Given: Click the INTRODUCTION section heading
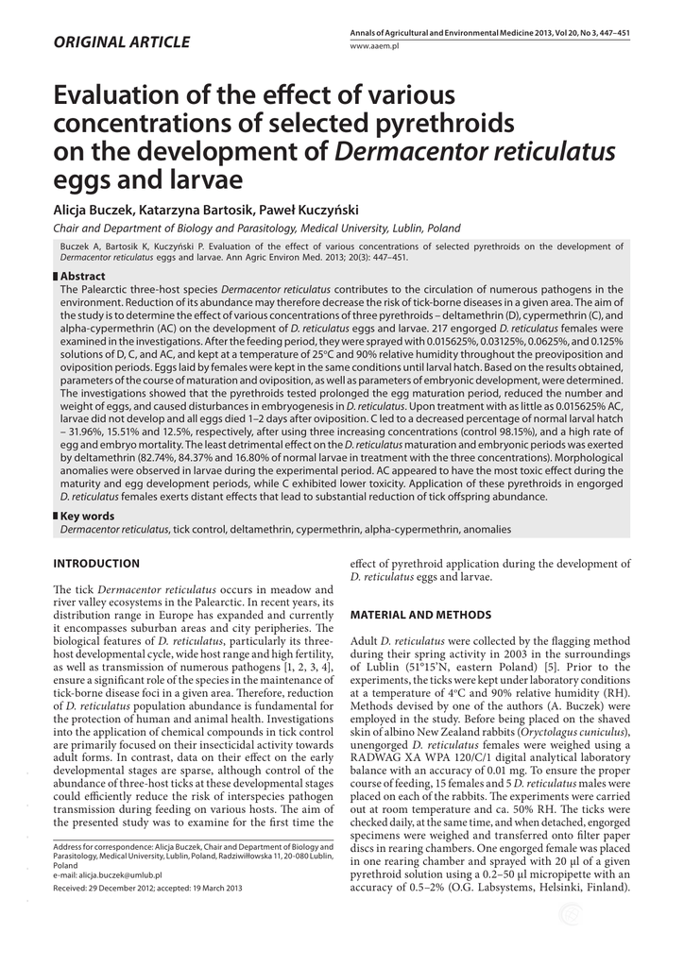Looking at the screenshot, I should point(96,564).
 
